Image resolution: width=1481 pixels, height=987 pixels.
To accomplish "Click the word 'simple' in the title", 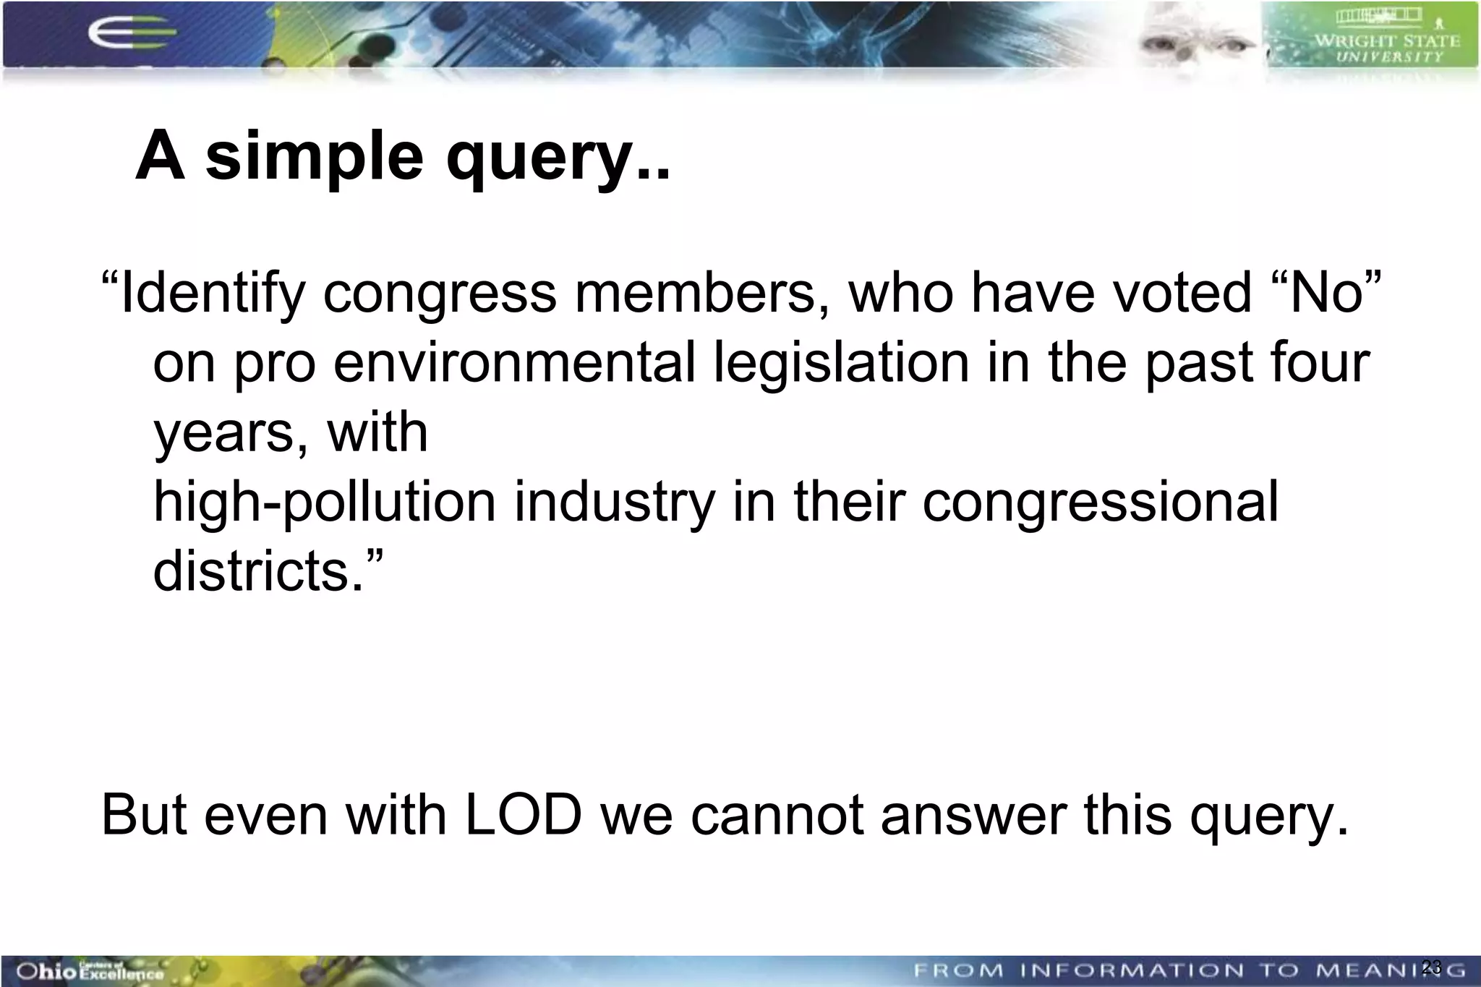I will coord(314,158).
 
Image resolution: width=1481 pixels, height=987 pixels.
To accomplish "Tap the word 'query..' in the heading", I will coord(558,158).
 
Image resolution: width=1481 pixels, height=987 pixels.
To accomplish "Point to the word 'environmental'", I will coord(514,363).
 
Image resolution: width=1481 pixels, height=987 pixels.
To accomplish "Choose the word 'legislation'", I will coord(841,363).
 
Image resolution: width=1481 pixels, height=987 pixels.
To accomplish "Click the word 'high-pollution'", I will coord(325,502).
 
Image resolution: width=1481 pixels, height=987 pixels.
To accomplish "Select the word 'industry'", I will coord(615,502).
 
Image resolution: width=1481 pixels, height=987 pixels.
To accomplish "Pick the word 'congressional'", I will coord(1100,502).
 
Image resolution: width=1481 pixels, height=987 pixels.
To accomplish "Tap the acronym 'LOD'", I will coord(523,815).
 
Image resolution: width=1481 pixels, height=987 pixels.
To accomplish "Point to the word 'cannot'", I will coord(777,815).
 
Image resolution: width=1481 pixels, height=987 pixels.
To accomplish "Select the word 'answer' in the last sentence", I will coord(973,815).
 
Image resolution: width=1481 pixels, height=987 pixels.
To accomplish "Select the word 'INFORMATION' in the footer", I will coord(1132,970).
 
